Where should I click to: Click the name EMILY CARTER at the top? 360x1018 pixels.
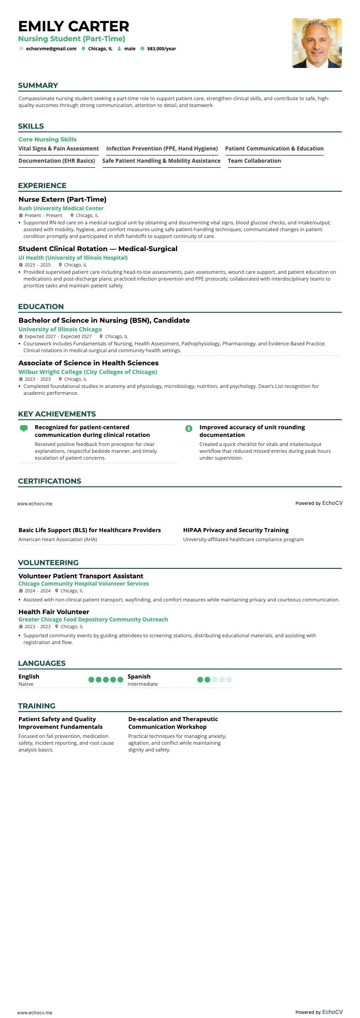click(x=74, y=26)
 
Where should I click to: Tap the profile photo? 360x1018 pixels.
click(x=316, y=43)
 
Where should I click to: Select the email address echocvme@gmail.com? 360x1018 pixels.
click(x=51, y=48)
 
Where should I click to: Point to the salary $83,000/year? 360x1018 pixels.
click(x=161, y=48)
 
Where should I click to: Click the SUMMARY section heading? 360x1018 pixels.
click(x=38, y=85)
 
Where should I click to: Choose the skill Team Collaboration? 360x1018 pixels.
click(x=254, y=161)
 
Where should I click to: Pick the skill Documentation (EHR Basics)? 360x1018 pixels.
click(x=57, y=161)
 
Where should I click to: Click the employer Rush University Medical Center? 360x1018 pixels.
click(x=61, y=208)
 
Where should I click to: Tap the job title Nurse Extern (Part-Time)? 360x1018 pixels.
click(x=63, y=199)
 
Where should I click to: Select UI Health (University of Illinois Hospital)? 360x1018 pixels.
click(x=73, y=258)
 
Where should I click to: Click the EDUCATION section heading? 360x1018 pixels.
click(x=41, y=306)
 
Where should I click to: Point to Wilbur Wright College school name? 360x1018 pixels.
click(x=88, y=372)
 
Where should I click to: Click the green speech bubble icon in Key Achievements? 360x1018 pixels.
click(x=24, y=428)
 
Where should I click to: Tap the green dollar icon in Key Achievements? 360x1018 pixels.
click(x=189, y=428)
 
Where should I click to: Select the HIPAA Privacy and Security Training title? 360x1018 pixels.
click(x=236, y=530)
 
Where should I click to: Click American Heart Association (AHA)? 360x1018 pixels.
click(x=58, y=539)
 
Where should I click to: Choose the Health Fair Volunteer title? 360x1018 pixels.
click(x=54, y=612)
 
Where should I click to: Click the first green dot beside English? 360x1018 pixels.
click(x=91, y=679)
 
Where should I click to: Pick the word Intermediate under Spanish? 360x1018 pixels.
click(x=143, y=684)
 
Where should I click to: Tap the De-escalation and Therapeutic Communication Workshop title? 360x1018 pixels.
click(x=173, y=723)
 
